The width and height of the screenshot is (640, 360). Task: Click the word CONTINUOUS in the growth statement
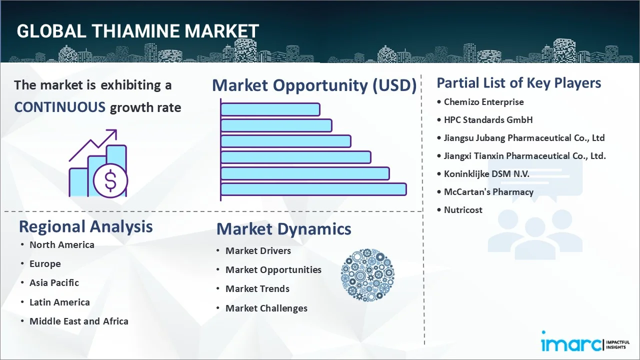point(59,107)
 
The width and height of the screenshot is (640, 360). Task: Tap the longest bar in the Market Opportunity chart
point(313,189)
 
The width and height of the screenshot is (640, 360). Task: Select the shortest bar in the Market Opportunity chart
point(270,109)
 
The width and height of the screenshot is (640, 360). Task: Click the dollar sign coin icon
point(110,180)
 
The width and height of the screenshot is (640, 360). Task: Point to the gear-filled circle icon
point(367,275)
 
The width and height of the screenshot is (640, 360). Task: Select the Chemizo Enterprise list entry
point(483,102)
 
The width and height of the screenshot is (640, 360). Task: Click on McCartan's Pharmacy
point(488,192)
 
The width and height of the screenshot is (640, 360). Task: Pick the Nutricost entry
point(463,210)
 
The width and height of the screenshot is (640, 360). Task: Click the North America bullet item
point(61,244)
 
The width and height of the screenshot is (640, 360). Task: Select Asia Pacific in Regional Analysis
point(54,283)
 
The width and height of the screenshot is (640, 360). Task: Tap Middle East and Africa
point(78,321)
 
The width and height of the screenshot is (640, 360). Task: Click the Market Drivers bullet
point(258,251)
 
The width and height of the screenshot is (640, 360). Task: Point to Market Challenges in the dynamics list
point(266,308)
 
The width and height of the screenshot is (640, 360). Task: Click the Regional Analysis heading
point(85,226)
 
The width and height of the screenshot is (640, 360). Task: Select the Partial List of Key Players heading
point(519,82)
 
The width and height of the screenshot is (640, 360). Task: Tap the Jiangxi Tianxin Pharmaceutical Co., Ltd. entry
point(524,156)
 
